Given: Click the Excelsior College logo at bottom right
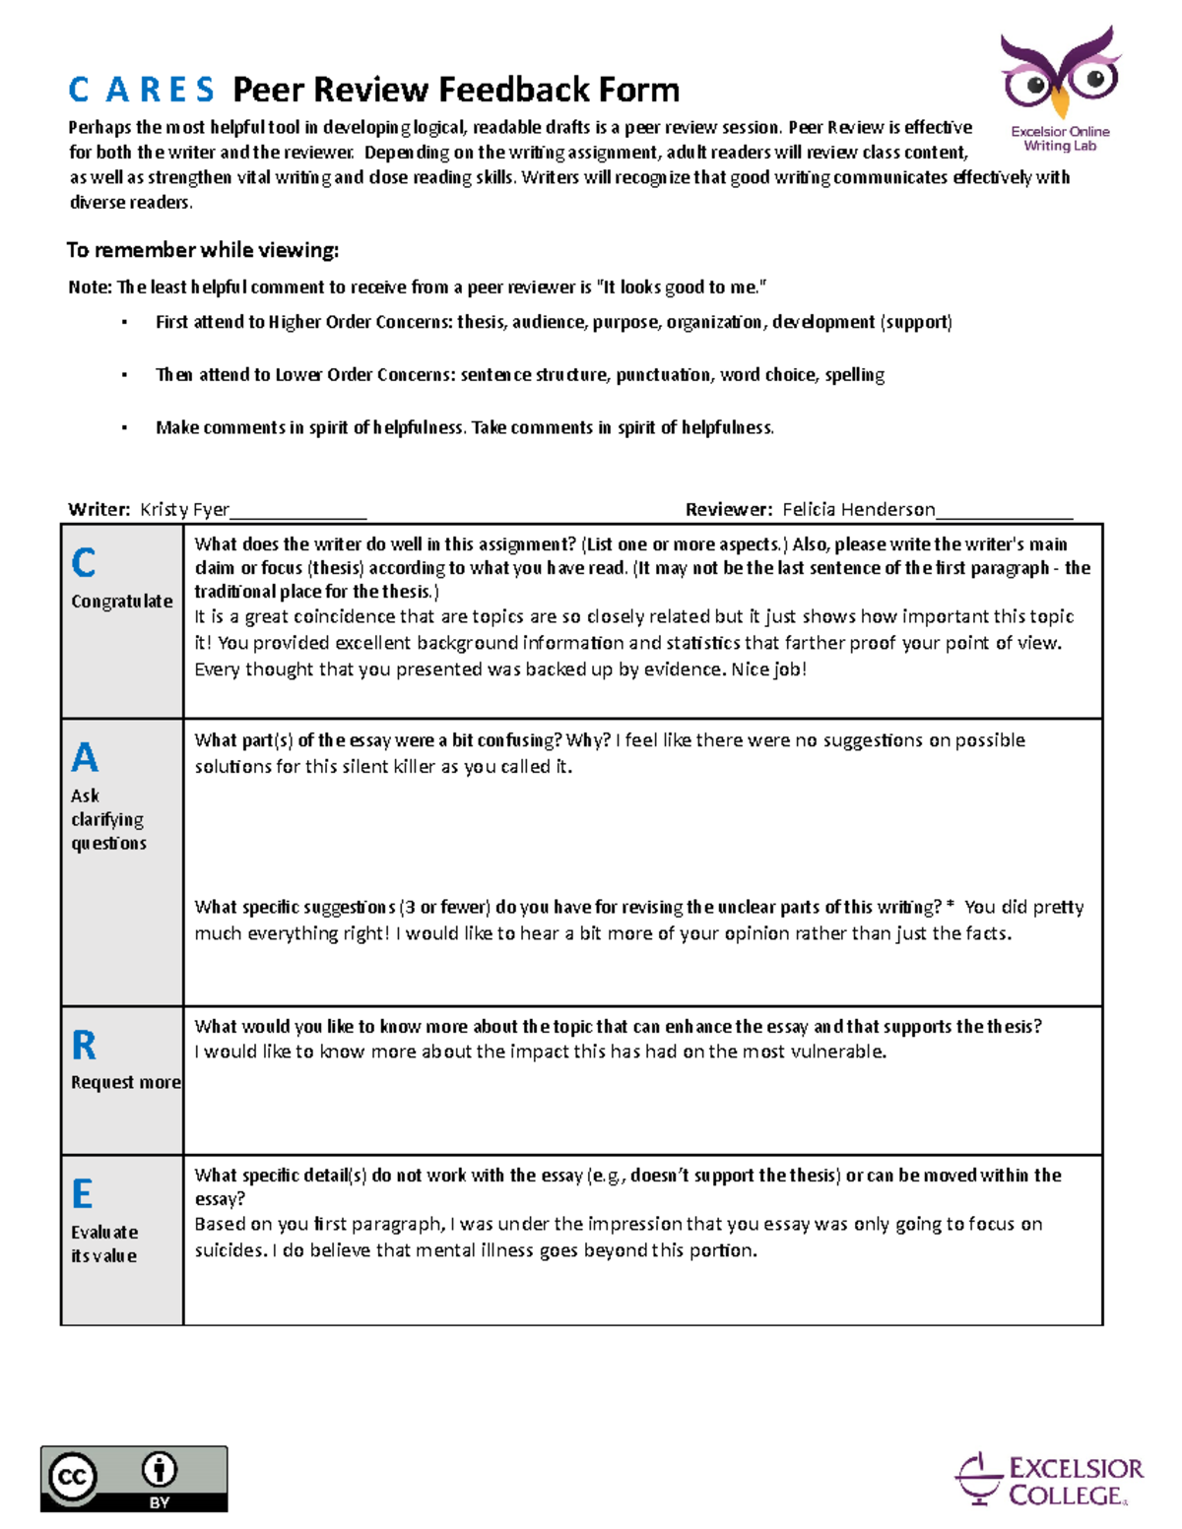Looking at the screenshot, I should (x=1049, y=1480).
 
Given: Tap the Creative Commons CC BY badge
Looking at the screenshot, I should (x=134, y=1478).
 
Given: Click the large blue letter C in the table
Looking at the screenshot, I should (x=84, y=563).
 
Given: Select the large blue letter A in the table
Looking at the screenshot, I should (x=85, y=758).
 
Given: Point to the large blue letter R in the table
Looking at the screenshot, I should (x=84, y=1046).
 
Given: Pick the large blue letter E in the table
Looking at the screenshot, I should (x=83, y=1194).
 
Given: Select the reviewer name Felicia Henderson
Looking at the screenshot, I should (x=858, y=509).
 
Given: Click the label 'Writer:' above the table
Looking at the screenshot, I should (x=98, y=509).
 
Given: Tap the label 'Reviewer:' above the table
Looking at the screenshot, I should (x=729, y=509).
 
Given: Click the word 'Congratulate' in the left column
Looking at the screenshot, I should (x=122, y=602).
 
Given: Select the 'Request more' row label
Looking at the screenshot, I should (x=125, y=1082).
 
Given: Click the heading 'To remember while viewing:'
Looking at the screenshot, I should (x=202, y=250).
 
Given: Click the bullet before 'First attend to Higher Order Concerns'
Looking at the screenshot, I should (x=124, y=323).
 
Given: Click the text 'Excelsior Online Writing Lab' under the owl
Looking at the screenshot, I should (x=1060, y=139).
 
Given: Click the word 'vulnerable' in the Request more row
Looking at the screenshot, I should (x=841, y=1052).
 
